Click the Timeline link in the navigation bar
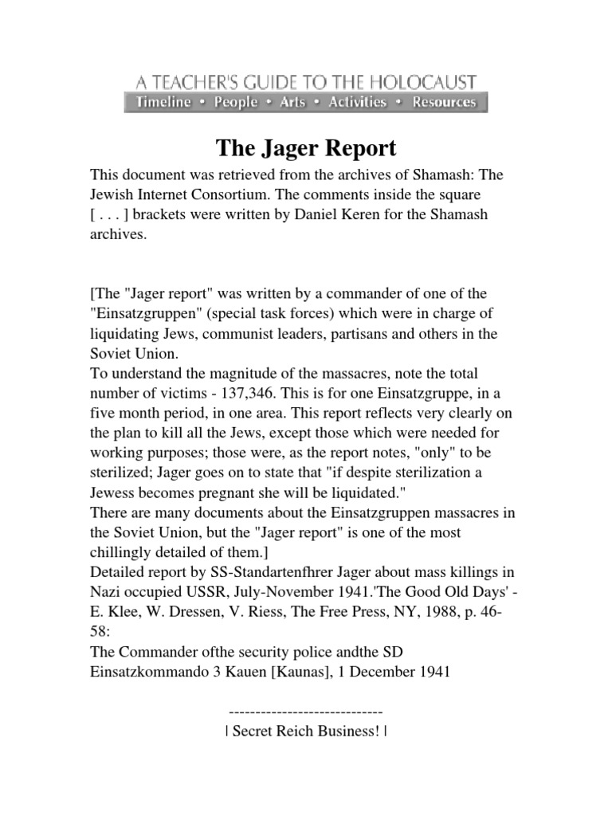pos(163,102)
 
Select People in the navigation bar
pos(236,102)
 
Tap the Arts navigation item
pos(292,102)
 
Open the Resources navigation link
pos(444,102)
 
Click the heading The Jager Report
pos(306,149)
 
